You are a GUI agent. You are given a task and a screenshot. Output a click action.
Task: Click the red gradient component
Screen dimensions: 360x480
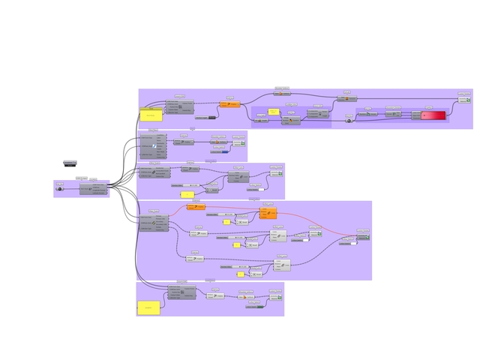click(433, 115)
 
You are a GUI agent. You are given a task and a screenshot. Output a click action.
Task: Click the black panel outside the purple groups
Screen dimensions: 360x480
click(70, 163)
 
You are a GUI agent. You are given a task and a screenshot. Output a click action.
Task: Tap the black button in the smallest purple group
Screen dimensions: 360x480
click(60, 188)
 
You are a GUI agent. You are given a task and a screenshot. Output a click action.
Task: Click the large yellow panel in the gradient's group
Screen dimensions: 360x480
click(151, 115)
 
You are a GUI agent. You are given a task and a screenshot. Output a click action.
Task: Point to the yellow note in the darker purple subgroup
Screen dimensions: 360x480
click(274, 111)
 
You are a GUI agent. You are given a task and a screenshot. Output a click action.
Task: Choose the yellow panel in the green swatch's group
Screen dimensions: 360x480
click(148, 307)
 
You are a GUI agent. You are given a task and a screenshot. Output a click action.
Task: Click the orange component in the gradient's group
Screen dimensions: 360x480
click(231, 104)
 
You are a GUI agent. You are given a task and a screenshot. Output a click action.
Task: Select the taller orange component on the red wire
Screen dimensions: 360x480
click(268, 213)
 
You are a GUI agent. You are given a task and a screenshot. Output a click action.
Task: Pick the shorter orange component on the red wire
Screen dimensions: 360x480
click(196, 206)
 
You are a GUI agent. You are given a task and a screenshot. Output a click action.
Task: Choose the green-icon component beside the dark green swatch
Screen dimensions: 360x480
click(275, 298)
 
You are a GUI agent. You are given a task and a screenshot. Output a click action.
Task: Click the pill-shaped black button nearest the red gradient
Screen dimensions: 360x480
click(349, 119)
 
